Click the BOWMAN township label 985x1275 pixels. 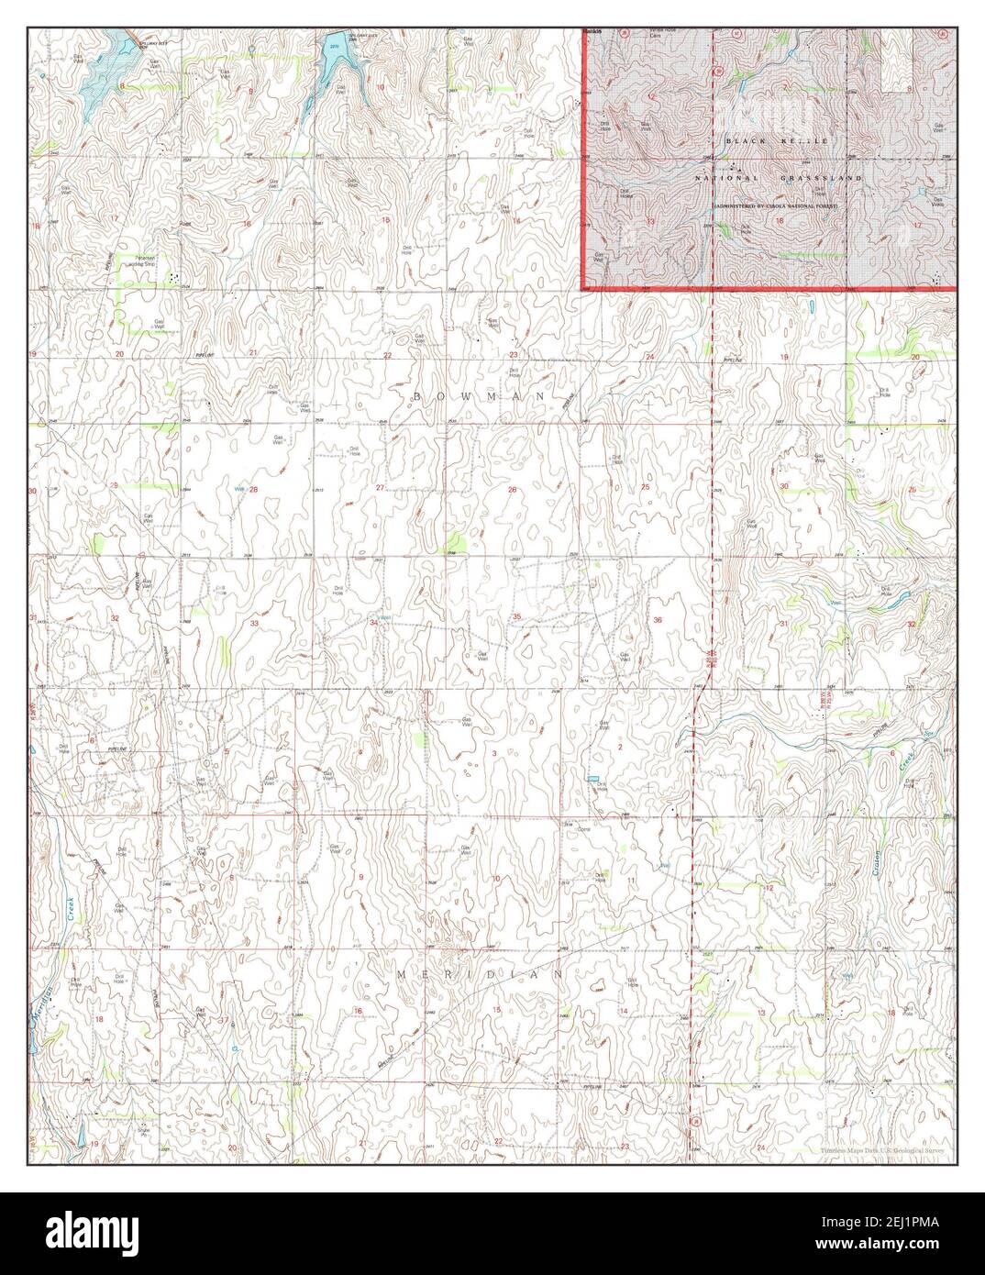478,395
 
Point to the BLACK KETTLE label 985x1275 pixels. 776,140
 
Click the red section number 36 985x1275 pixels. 657,621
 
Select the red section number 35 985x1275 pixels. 517,616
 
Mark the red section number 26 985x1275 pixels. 513,490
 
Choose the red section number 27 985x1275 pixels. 380,487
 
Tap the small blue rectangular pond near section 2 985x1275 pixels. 592,779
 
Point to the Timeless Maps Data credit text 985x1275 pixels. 886,1150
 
